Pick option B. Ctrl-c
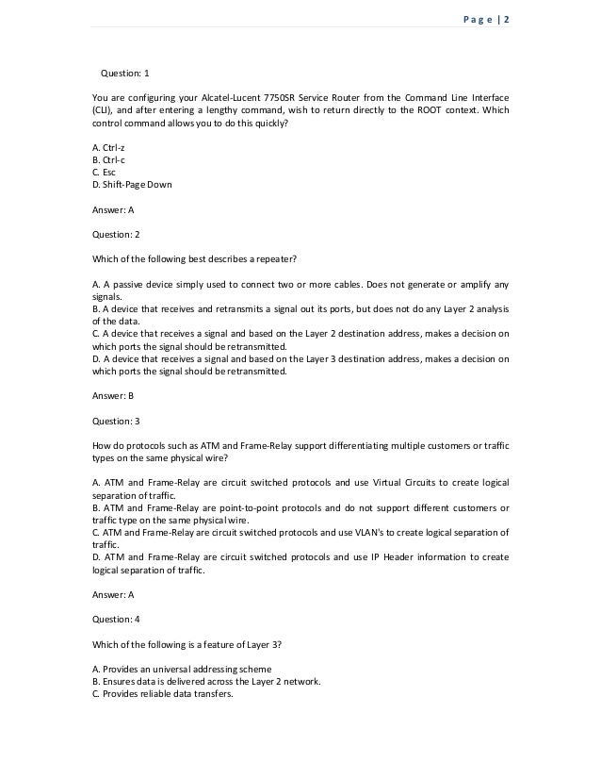(110, 161)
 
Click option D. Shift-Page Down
(132, 184)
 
